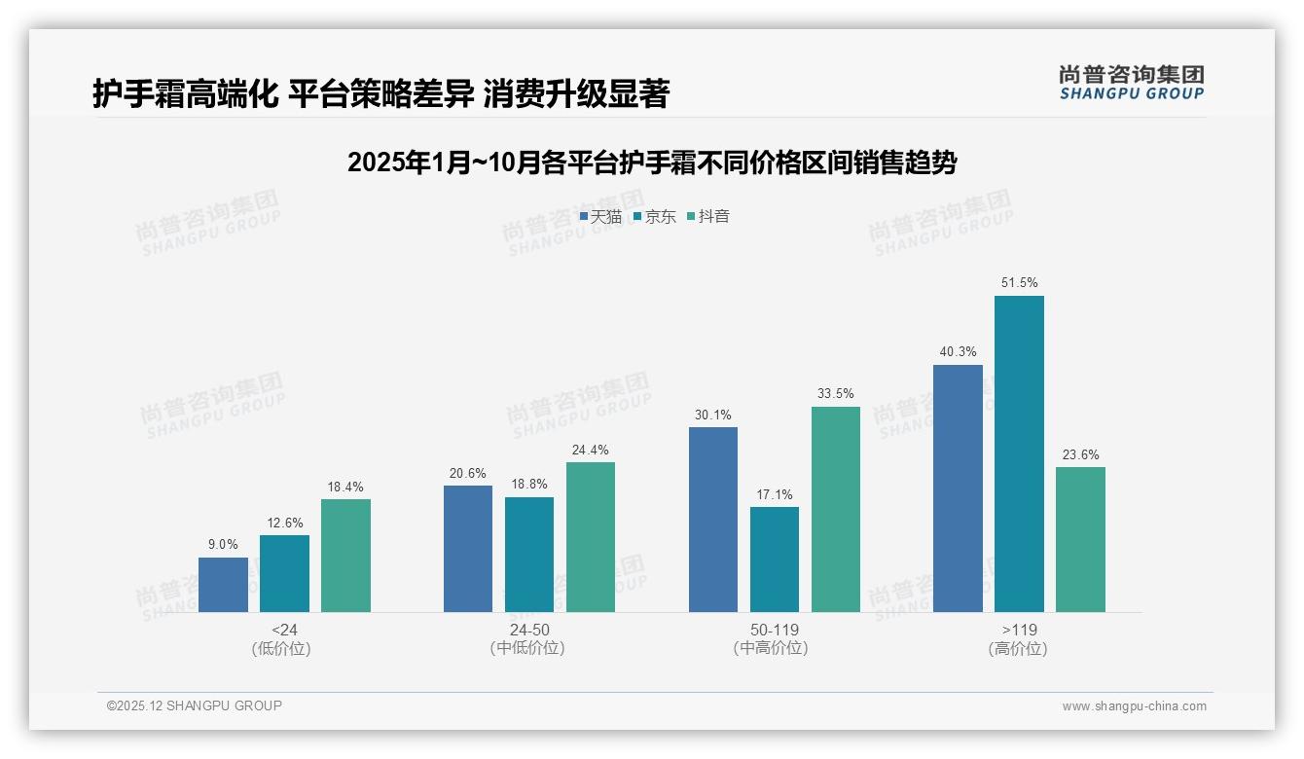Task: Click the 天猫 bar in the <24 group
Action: coord(223,585)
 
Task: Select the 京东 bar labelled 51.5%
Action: coord(1019,453)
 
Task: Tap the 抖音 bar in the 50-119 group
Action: coord(836,509)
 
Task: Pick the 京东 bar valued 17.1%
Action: coord(775,560)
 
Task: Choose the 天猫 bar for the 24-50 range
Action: coord(468,549)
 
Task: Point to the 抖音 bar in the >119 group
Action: coord(1080,539)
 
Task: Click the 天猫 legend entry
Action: coord(600,217)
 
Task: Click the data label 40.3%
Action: coord(958,352)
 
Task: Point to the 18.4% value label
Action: coord(345,487)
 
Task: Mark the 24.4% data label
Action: coord(591,450)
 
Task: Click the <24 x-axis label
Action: coord(284,630)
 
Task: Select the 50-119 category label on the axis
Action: coord(774,630)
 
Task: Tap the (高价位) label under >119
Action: coord(1018,649)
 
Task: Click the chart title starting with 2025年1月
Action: coord(651,163)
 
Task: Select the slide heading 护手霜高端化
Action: coord(380,94)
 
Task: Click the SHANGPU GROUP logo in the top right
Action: coord(1131,83)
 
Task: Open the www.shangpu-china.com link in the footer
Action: coord(1134,706)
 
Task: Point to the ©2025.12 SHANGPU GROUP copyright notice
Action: coord(194,705)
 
